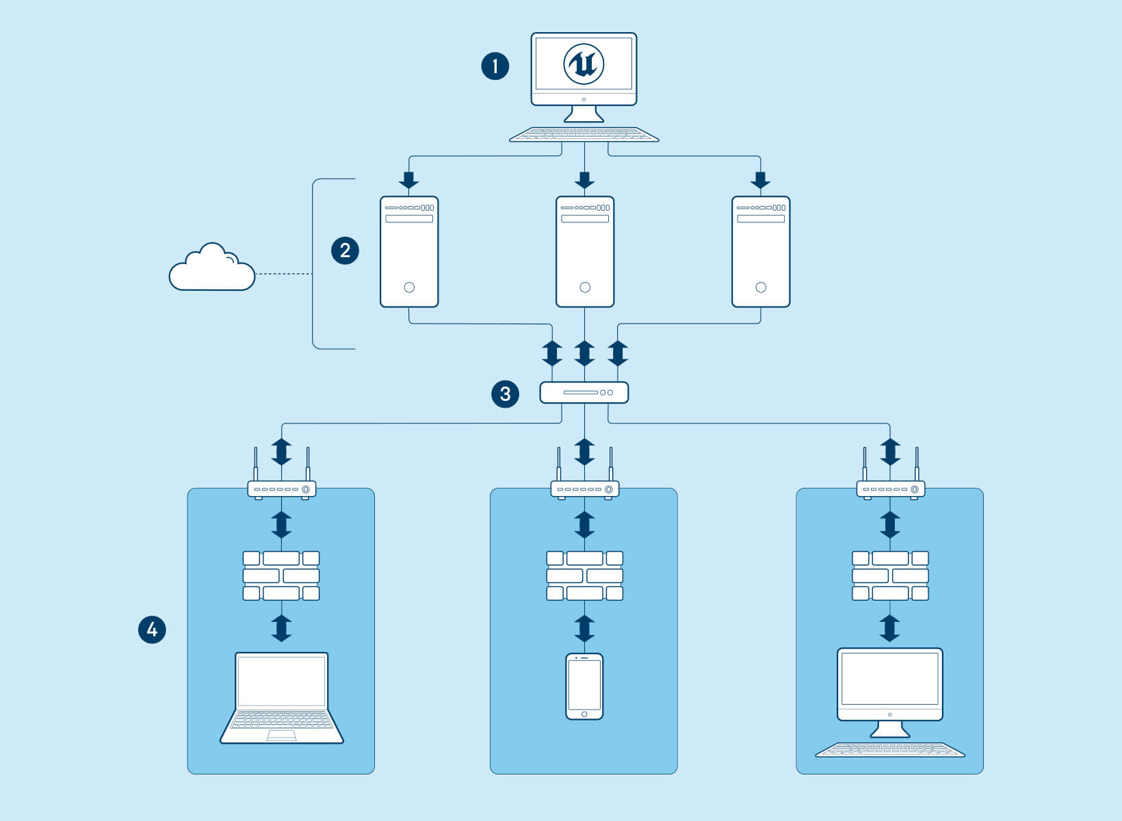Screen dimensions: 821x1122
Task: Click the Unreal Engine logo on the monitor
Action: pos(584,64)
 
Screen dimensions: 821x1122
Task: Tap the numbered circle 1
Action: pos(495,66)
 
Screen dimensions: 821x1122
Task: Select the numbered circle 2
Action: pos(345,250)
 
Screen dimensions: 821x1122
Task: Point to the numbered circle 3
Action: pos(505,394)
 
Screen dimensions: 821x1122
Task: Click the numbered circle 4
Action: pos(152,629)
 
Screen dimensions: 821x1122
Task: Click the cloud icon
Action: pos(211,270)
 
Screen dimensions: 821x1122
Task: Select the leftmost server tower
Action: pos(409,252)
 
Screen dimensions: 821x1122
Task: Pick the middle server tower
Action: pos(584,252)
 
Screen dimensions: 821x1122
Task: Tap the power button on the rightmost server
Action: pos(761,287)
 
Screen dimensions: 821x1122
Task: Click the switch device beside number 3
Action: pos(584,393)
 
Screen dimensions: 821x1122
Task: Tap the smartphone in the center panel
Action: pos(584,686)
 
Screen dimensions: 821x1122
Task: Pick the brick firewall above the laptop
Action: pos(281,575)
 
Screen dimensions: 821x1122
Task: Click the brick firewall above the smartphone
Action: pos(584,575)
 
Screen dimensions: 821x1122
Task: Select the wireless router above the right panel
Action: pos(890,488)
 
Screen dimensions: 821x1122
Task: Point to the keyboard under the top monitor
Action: pos(584,135)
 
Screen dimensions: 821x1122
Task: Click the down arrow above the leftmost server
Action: pos(409,180)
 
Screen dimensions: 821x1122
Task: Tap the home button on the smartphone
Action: pos(584,714)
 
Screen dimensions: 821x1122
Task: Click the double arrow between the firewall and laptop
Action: pos(281,627)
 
